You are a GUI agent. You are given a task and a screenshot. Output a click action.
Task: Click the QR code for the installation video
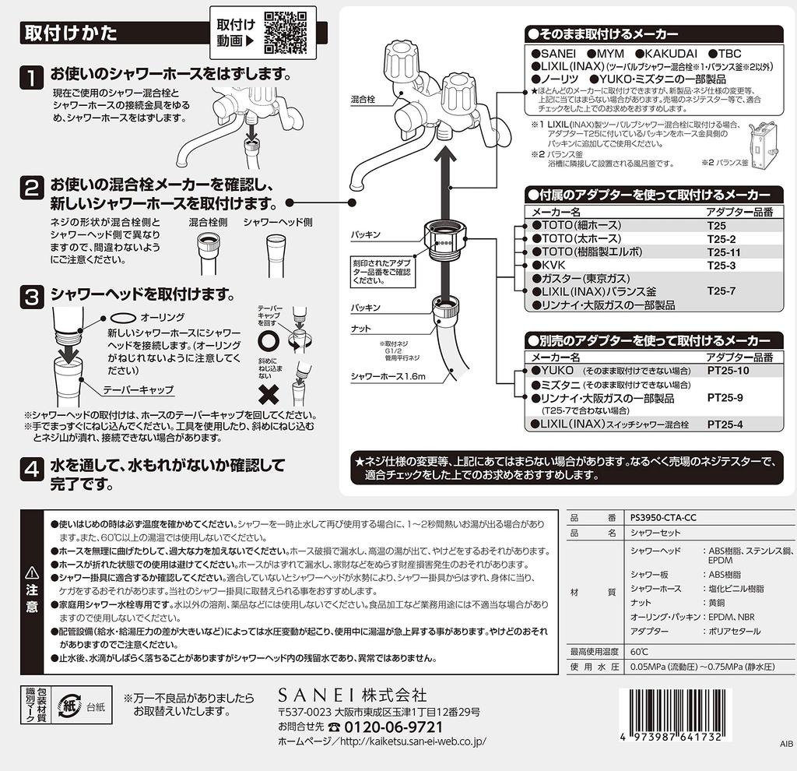(286, 33)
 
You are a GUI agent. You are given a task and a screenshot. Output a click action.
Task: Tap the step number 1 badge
(31, 78)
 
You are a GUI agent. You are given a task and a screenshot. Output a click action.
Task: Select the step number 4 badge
(31, 469)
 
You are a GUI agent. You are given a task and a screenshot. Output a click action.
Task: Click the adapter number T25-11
(724, 252)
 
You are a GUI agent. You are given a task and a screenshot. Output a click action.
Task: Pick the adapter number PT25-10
(728, 370)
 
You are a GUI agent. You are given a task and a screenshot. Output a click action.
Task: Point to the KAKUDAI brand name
(666, 54)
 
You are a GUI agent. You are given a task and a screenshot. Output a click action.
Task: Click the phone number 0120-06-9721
(393, 727)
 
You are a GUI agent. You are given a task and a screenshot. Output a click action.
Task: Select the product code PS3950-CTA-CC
(663, 518)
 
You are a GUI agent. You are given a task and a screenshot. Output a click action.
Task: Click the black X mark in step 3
(269, 395)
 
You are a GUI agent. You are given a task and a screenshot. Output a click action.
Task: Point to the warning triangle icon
(32, 573)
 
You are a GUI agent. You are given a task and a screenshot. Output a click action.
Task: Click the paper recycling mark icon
(68, 706)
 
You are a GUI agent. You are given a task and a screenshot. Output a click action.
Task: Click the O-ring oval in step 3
(123, 319)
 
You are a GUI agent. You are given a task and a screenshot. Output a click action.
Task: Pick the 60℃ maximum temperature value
(639, 652)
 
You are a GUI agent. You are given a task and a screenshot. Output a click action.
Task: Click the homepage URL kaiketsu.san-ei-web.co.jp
(413, 741)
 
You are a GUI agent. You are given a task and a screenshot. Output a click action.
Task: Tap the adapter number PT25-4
(725, 424)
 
